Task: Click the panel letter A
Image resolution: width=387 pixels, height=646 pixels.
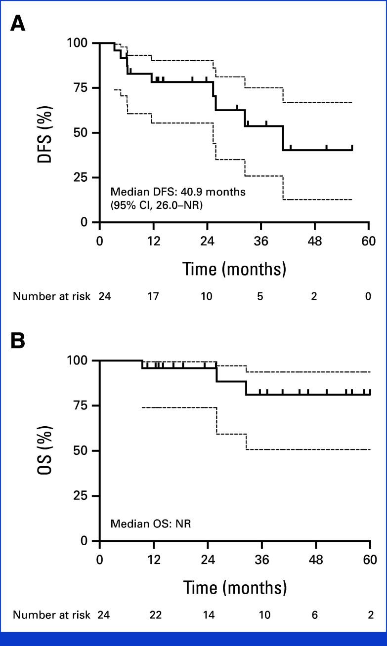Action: [x=18, y=23]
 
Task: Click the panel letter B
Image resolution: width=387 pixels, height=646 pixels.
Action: [x=18, y=341]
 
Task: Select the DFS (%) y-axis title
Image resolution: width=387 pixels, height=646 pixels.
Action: [x=45, y=132]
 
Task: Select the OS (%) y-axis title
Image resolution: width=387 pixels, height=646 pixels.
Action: [x=45, y=450]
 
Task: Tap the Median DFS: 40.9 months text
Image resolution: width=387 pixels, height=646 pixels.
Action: [x=178, y=192]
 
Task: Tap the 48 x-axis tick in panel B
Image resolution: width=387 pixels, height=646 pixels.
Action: [x=316, y=560]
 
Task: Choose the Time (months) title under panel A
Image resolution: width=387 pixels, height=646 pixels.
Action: [x=234, y=269]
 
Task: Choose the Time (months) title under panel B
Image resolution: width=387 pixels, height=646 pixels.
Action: [x=234, y=587]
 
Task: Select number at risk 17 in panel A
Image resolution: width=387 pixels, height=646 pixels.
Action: [x=154, y=297]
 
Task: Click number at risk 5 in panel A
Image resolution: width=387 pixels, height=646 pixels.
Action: [x=261, y=297]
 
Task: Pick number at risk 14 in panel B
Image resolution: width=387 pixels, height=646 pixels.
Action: [x=208, y=615]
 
